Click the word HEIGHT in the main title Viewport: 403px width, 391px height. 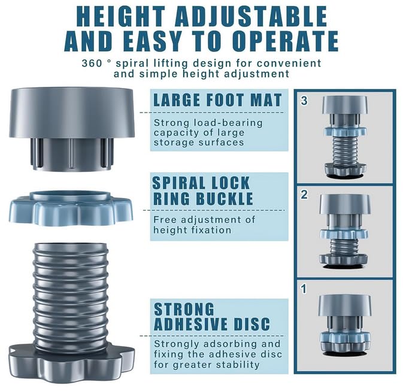(121, 16)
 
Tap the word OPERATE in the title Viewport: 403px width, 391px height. (287, 41)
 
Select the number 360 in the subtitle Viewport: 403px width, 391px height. (92, 63)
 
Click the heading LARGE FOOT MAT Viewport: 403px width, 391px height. (217, 100)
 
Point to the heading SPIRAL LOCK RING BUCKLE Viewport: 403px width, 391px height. (203, 191)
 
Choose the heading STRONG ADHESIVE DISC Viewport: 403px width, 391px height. (212, 317)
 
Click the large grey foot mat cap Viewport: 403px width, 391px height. (72, 129)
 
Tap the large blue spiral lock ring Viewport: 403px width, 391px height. (71, 208)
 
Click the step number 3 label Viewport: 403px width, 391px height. (304, 101)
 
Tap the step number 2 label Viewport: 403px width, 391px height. (304, 195)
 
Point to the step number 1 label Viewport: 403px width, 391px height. (304, 289)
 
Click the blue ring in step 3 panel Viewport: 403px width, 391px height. (345, 131)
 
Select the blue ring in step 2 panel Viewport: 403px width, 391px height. (344, 234)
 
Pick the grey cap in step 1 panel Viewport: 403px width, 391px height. (345, 305)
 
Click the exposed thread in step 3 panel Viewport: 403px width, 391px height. (345, 150)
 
